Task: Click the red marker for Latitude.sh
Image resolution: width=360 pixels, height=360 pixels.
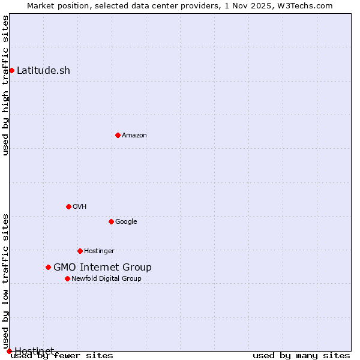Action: pyautogui.click(x=11, y=70)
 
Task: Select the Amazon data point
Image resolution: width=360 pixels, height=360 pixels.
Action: pyautogui.click(x=118, y=135)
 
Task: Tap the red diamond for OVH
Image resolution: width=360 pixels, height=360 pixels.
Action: pyautogui.click(x=68, y=206)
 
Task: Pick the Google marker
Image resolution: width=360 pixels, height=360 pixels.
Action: pyautogui.click(x=111, y=221)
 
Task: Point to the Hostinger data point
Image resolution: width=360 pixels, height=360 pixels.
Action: pyautogui.click(x=80, y=251)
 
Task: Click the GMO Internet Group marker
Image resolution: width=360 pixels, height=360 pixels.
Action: pyautogui.click(x=48, y=267)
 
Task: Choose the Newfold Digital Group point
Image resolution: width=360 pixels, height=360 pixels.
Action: pyautogui.click(x=67, y=278)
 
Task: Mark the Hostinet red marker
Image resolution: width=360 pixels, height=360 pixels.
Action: pyautogui.click(x=9, y=351)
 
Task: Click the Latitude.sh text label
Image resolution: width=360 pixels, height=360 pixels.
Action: pyautogui.click(x=43, y=70)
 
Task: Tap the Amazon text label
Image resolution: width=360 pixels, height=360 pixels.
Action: pyautogui.click(x=134, y=135)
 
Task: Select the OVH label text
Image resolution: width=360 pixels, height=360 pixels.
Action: pyautogui.click(x=80, y=206)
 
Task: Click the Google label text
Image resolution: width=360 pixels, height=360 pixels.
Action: pyautogui.click(x=126, y=221)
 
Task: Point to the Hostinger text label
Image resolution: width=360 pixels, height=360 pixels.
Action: pyautogui.click(x=99, y=251)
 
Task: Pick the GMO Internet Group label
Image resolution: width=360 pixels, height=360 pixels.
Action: pyautogui.click(x=103, y=267)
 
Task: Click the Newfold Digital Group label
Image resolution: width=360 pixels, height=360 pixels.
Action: pyautogui.click(x=106, y=278)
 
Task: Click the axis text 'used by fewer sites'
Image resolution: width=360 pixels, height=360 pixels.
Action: pyautogui.click(x=62, y=355)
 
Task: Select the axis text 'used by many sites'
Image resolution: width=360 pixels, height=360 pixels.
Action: pyautogui.click(x=301, y=355)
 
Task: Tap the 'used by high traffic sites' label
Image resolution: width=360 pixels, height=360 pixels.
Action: pyautogui.click(x=5, y=85)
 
